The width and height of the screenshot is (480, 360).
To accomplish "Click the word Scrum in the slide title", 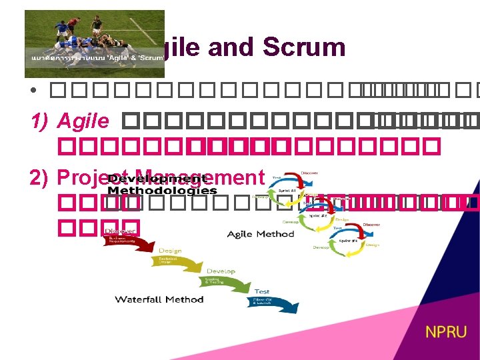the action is [304, 47].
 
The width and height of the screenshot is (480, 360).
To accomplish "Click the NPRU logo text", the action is [447, 331].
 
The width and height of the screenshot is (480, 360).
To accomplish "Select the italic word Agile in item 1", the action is [83, 121].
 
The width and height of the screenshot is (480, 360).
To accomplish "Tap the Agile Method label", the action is [260, 234].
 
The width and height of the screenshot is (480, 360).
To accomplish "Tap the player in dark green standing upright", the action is [98, 27].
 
